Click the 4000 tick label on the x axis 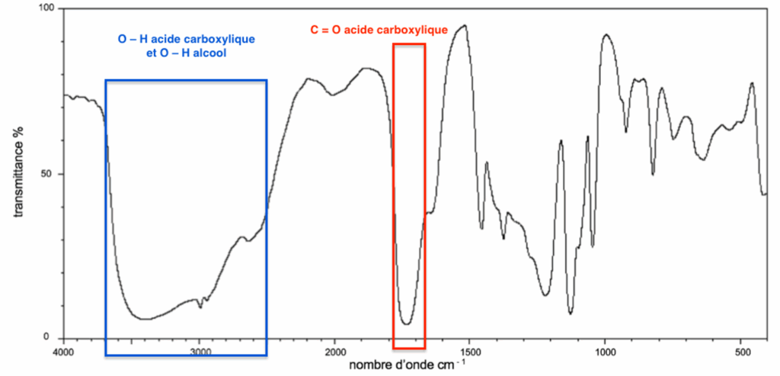(64, 352)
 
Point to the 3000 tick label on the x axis (200, 352)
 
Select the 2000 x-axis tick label (335, 352)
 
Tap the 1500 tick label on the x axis (469, 352)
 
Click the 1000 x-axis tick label (606, 352)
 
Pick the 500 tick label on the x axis (740, 352)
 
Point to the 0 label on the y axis (55, 337)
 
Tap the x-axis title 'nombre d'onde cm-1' (404, 365)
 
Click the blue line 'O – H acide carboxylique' (185, 40)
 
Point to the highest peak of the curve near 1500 (464, 25)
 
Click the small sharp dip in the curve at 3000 (200, 307)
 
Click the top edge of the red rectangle (409, 44)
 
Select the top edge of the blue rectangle (185, 80)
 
